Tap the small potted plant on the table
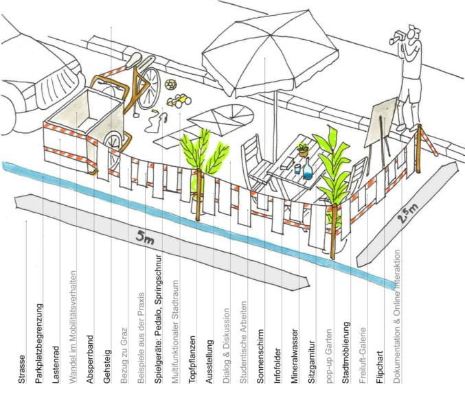tap(303, 150)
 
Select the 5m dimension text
tap(145, 237)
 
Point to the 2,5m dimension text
tap(407, 213)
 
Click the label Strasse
tap(22, 369)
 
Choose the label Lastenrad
tap(56, 365)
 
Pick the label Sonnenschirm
tap(260, 356)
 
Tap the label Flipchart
tap(379, 368)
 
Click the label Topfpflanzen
tap(192, 359)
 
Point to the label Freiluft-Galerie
tap(363, 355)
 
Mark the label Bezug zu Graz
tap(124, 355)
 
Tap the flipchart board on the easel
tap(381, 122)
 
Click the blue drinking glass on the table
tap(297, 169)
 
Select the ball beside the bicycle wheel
tap(171, 84)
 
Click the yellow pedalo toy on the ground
tap(179, 100)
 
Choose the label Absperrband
tap(89, 359)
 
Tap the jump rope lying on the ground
tap(156, 121)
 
